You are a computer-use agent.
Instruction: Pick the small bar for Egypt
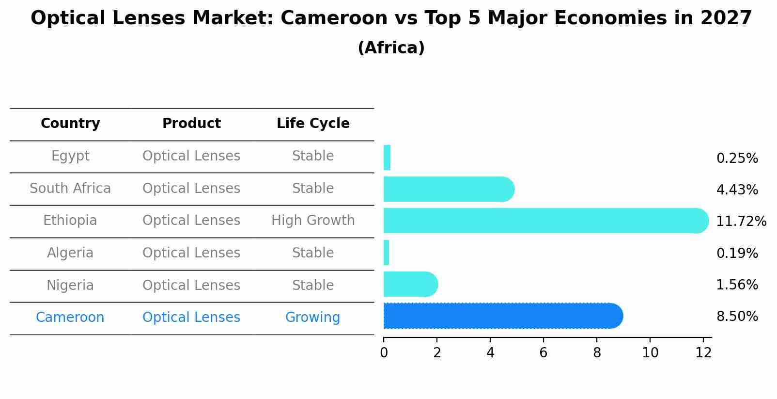[x=387, y=158]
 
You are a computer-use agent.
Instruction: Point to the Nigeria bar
[x=410, y=284]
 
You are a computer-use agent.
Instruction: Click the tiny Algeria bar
[x=386, y=253]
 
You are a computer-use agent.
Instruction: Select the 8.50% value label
[x=737, y=317]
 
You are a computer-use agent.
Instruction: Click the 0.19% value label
[x=737, y=253]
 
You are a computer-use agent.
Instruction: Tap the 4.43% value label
[x=737, y=190]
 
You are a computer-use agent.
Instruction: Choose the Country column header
[x=70, y=124]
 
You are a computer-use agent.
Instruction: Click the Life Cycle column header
[x=313, y=124]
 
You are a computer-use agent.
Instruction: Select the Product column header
[x=191, y=124]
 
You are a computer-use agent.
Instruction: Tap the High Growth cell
[x=313, y=221]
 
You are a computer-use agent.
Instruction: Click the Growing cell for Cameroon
[x=312, y=318]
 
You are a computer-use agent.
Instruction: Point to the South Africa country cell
[x=70, y=189]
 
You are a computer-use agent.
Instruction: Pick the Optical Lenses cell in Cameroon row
[x=191, y=318]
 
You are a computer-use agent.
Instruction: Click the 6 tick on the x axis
[x=544, y=352]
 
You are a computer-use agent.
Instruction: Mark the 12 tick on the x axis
[x=703, y=352]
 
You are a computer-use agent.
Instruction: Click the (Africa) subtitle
[x=391, y=48]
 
